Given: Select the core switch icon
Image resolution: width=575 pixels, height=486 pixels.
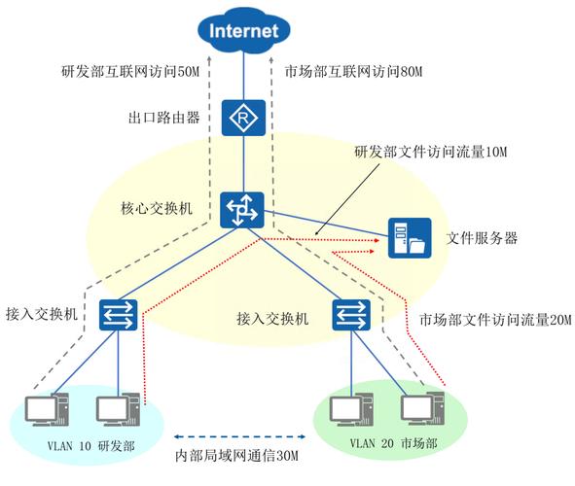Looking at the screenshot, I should (x=239, y=210).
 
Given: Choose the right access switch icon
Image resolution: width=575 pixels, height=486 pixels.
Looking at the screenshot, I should (x=349, y=314).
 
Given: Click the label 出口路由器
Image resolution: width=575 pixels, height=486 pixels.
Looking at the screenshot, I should (x=163, y=118).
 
